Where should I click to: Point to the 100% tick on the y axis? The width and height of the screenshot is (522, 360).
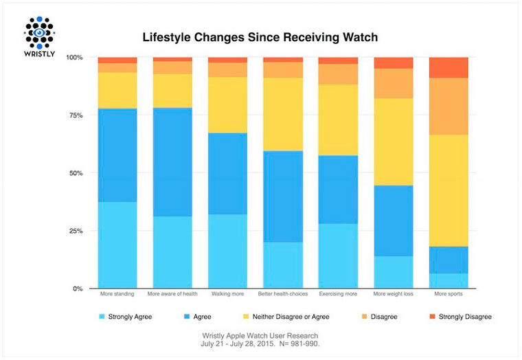point(74,58)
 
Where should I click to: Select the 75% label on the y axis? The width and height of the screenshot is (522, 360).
point(76,115)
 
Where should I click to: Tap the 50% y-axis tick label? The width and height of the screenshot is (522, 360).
point(76,173)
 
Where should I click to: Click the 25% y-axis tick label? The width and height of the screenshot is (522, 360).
point(76,231)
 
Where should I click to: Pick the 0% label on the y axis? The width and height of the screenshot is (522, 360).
point(78,289)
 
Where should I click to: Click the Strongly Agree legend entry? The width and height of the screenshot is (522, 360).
point(126,317)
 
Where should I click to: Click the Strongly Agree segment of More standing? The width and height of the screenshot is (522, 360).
point(117,245)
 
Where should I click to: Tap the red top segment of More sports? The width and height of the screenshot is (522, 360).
point(448,67)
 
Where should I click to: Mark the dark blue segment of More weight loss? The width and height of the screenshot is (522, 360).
point(393,221)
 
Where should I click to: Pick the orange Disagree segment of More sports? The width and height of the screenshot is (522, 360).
point(448,106)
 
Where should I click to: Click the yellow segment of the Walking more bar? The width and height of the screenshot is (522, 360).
point(227,104)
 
